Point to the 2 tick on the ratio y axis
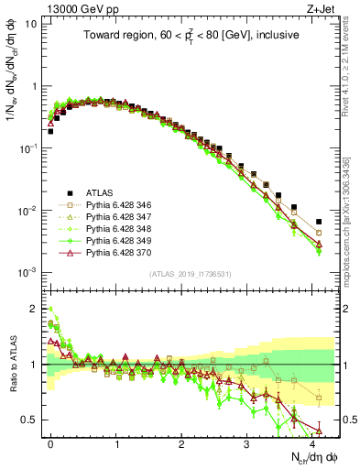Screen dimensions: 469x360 point(33,308)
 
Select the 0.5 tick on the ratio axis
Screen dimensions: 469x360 point(28,420)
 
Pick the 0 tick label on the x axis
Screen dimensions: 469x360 point(50,442)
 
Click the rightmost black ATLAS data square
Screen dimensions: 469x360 point(318,222)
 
